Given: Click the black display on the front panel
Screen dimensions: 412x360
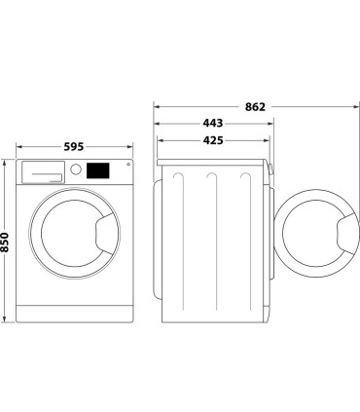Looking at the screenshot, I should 97,170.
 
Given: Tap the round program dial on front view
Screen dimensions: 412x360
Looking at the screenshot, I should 75,170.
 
